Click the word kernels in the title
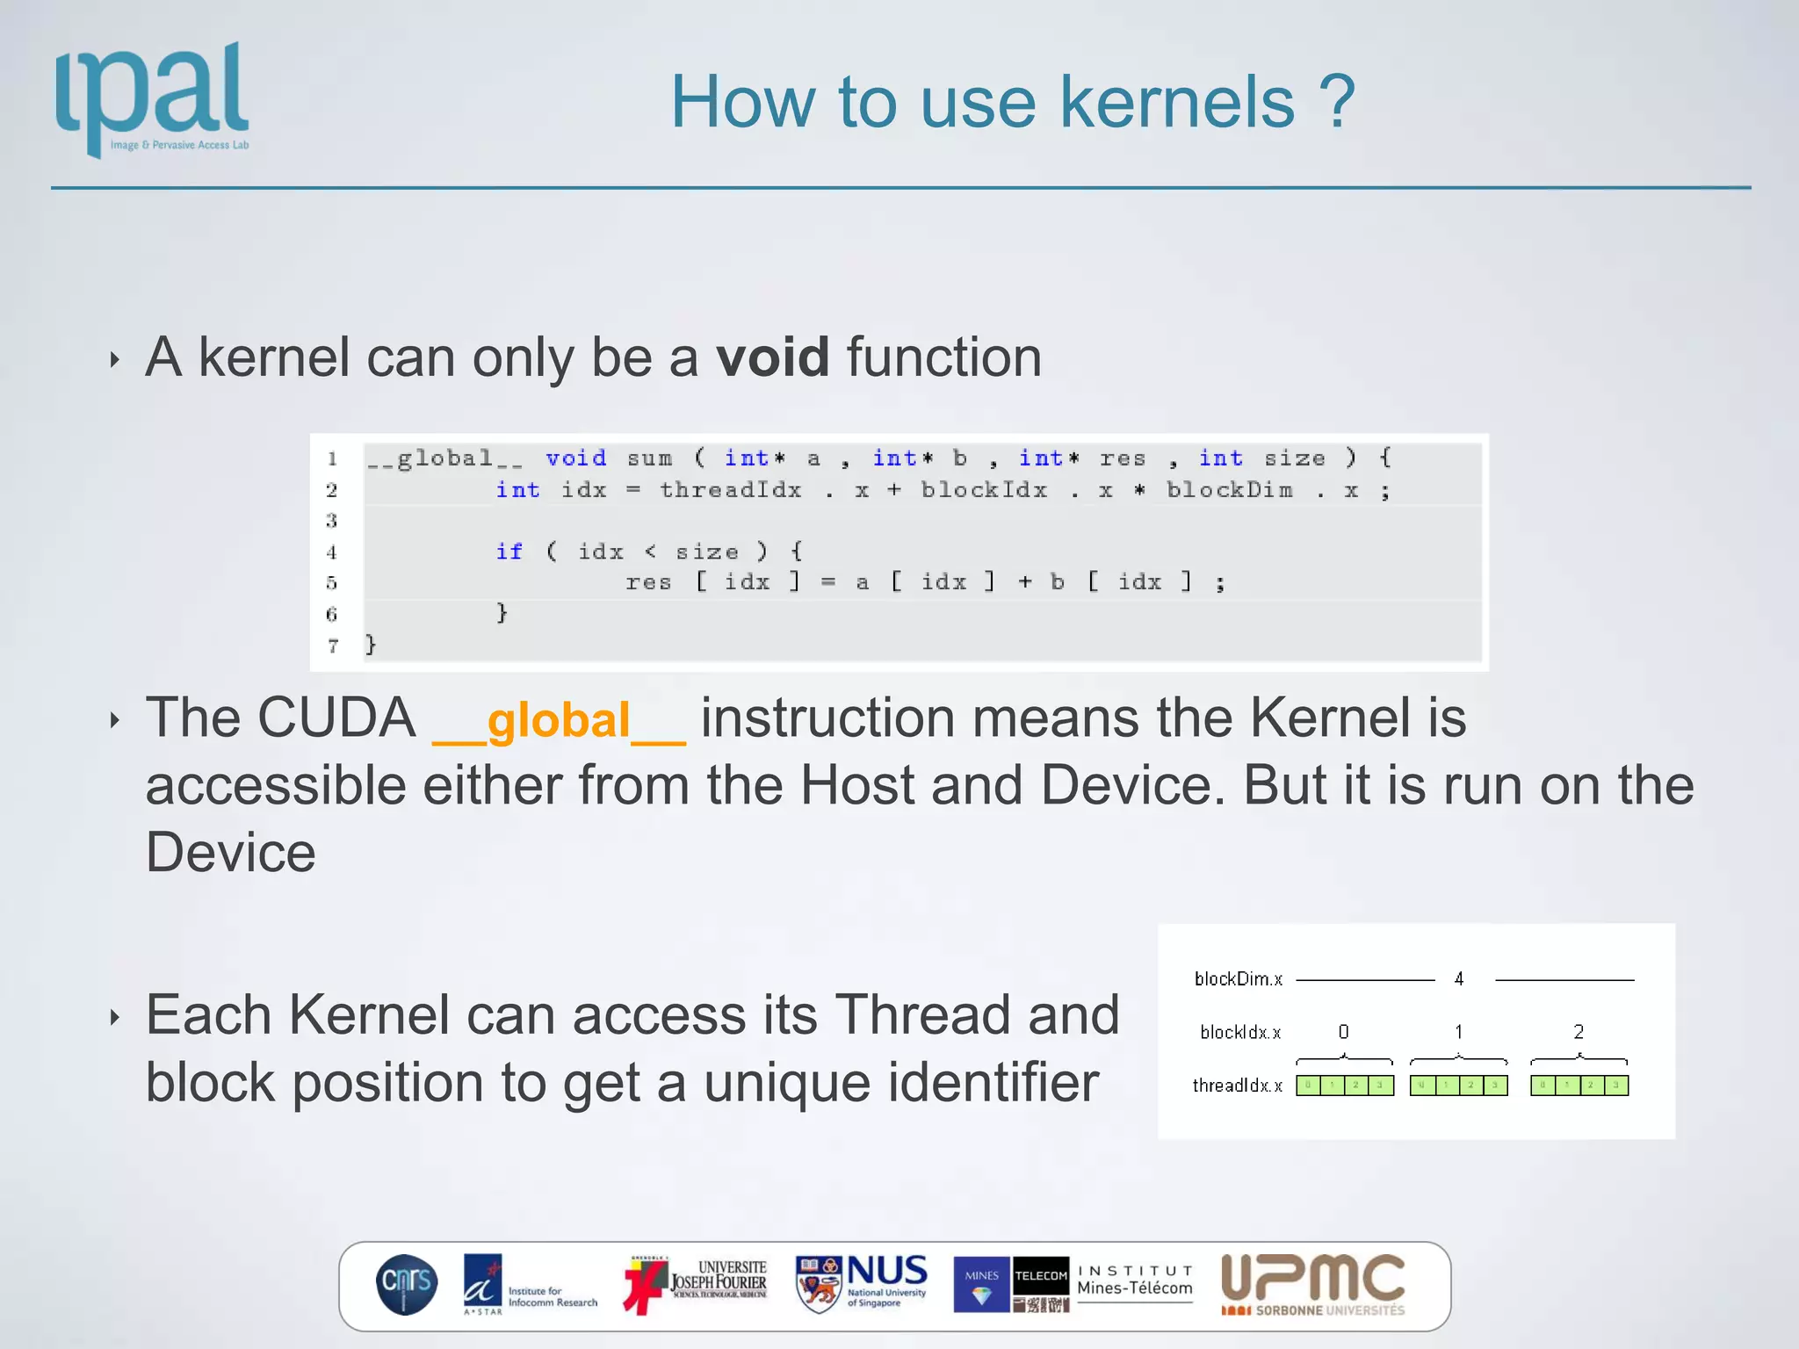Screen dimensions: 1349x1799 coord(1177,103)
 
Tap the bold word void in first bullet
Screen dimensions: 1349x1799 coord(772,357)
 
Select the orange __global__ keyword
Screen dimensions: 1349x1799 coord(559,721)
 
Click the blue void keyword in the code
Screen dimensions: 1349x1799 coord(575,458)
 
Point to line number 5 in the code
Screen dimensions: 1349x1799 coord(331,583)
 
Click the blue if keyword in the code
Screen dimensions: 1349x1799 coord(509,552)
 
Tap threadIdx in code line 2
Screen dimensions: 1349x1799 coord(730,490)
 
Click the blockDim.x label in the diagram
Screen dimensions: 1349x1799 coord(1238,978)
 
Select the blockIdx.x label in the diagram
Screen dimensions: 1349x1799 coord(1239,1032)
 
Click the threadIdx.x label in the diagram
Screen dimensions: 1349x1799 coord(1237,1086)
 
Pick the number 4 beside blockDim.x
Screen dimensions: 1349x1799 coord(1458,978)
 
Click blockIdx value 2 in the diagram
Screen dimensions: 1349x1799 coord(1578,1031)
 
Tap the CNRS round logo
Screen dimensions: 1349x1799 coord(407,1284)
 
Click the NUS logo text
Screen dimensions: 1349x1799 coord(885,1272)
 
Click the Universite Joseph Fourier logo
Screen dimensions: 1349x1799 coord(696,1284)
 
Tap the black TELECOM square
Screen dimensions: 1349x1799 coord(1041,1276)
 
